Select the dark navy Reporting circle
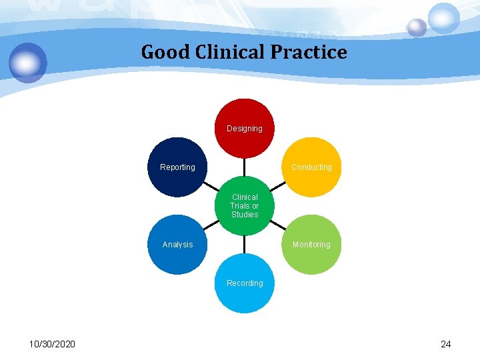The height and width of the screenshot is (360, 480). [177, 167]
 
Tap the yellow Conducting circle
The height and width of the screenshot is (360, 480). [311, 167]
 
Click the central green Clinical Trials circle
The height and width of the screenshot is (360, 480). [245, 206]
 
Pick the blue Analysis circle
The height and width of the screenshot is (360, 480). [177, 245]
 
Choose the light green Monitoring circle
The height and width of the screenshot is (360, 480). [311, 245]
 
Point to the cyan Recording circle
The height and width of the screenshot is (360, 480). [245, 283]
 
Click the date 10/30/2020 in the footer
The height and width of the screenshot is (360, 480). [52, 344]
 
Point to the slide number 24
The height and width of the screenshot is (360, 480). [446, 344]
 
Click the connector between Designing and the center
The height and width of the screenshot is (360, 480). [245, 167]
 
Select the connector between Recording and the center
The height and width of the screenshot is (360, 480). [245, 245]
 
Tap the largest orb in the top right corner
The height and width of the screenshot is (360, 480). [444, 18]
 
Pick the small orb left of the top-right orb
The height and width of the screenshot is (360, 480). [417, 27]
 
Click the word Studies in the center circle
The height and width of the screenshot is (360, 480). [245, 215]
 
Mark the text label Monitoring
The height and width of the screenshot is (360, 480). [311, 245]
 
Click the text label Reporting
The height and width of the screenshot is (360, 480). [177, 167]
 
